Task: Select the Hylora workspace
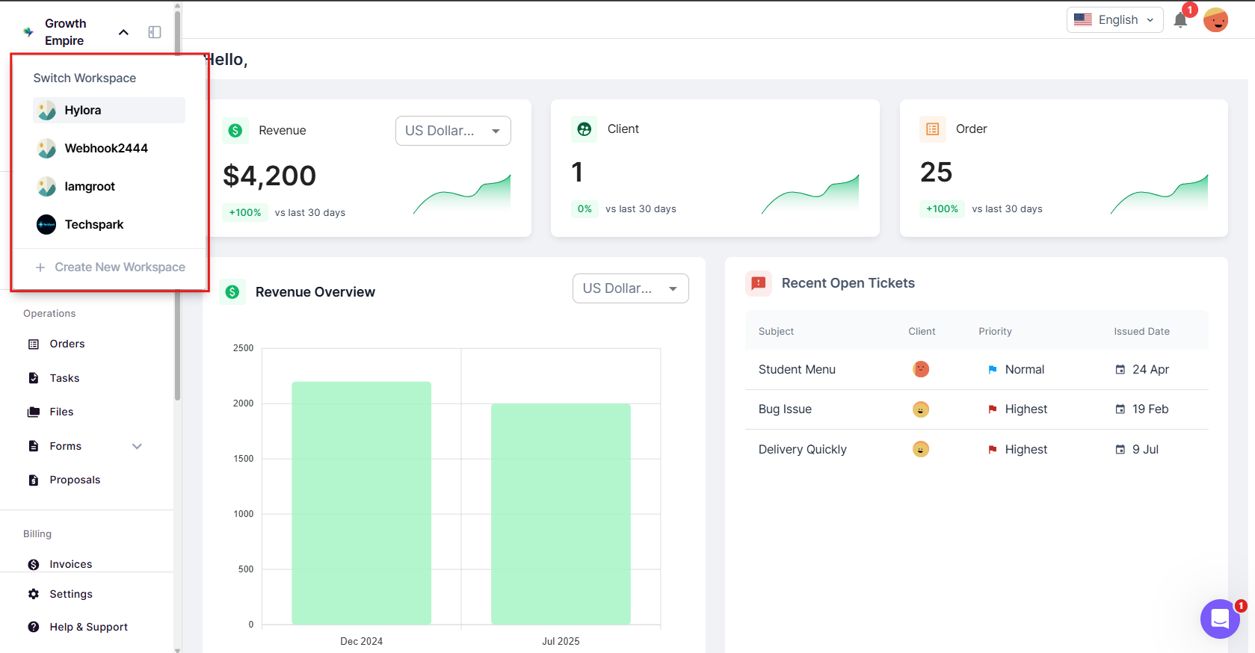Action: pyautogui.click(x=82, y=111)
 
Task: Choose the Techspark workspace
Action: pyautogui.click(x=93, y=225)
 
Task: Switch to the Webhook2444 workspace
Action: pyautogui.click(x=105, y=149)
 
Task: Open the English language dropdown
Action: pyautogui.click(x=1114, y=20)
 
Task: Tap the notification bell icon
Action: pyautogui.click(x=1180, y=20)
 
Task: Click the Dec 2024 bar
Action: pyautogui.click(x=361, y=502)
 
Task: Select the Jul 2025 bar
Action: pyautogui.click(x=561, y=513)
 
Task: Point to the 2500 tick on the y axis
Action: pyautogui.click(x=244, y=348)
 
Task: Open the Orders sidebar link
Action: pyautogui.click(x=67, y=344)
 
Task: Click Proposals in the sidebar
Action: pyautogui.click(x=75, y=480)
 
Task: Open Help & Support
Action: pyautogui.click(x=88, y=628)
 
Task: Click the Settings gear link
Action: pyautogui.click(x=70, y=595)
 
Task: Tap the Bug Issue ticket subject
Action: pyautogui.click(x=785, y=409)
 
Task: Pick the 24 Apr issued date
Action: pyautogui.click(x=1150, y=370)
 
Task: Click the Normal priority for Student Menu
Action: pyautogui.click(x=1024, y=370)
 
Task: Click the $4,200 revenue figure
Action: pyautogui.click(x=270, y=176)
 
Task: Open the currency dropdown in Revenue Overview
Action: pyautogui.click(x=630, y=289)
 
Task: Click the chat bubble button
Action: pyautogui.click(x=1220, y=619)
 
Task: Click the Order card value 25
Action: pyautogui.click(x=936, y=173)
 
